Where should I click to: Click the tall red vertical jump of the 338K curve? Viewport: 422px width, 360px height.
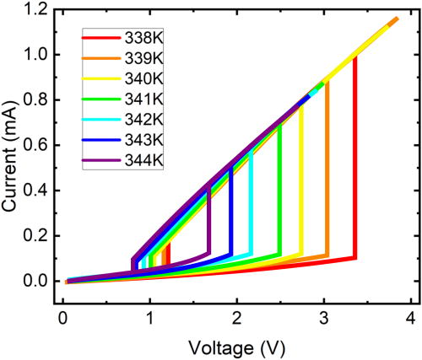pyautogui.click(x=355, y=169)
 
